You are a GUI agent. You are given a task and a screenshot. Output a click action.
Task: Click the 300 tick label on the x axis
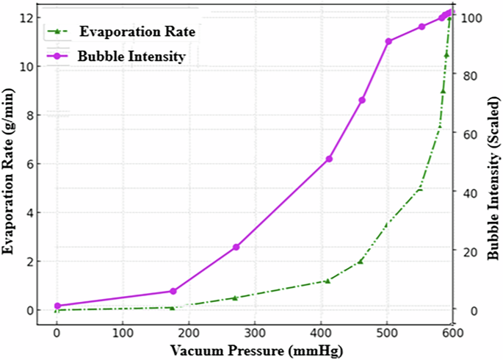pos(255,333)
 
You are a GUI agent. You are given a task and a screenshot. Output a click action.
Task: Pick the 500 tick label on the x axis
pos(387,333)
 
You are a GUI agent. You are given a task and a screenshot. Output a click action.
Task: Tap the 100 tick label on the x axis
pos(123,333)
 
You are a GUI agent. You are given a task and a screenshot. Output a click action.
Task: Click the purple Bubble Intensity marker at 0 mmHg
pos(57,306)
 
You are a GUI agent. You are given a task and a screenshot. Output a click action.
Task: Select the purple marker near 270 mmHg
pos(236,247)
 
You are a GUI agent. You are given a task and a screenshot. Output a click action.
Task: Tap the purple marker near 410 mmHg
pos(329,159)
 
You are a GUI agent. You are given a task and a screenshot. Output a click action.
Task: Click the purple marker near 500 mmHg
pos(388,41)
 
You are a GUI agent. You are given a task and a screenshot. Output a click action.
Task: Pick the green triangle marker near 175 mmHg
pos(173,307)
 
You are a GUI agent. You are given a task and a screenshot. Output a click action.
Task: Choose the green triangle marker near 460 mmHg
pos(360,261)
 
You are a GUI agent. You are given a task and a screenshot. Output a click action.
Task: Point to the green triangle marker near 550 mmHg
pos(420,188)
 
